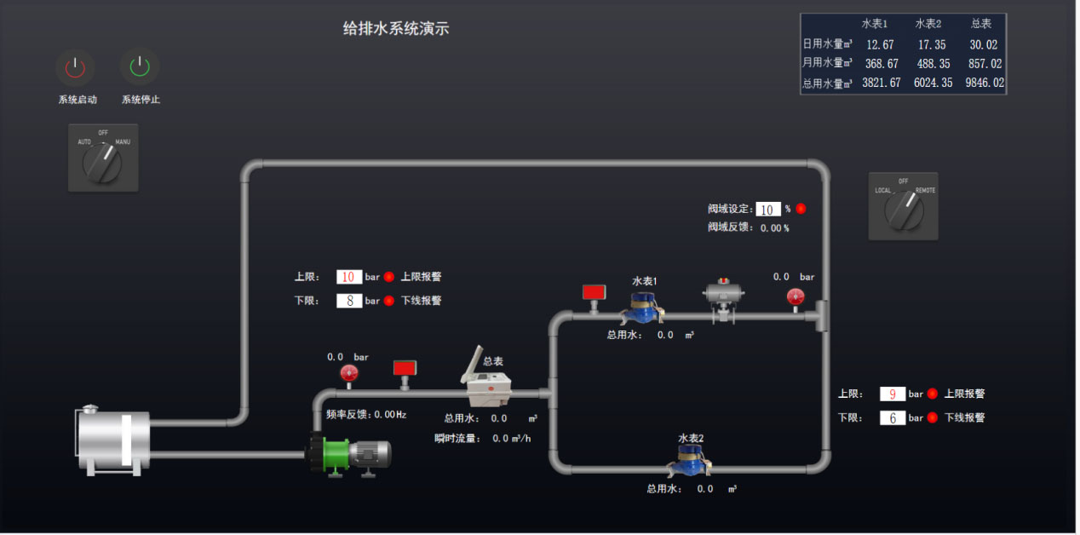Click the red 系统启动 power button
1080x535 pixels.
tap(75, 66)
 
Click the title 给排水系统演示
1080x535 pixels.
tap(396, 29)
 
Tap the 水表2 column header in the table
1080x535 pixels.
tap(929, 24)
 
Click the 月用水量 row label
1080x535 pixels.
tap(827, 63)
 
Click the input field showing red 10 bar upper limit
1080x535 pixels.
tap(349, 277)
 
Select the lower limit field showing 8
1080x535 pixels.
tap(349, 301)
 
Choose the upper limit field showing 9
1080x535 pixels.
tap(892, 394)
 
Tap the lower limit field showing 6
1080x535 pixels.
tap(892, 417)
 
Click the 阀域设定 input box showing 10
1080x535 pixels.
tap(767, 209)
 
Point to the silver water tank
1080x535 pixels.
tap(113, 440)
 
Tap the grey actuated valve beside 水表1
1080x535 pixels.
tap(724, 299)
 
